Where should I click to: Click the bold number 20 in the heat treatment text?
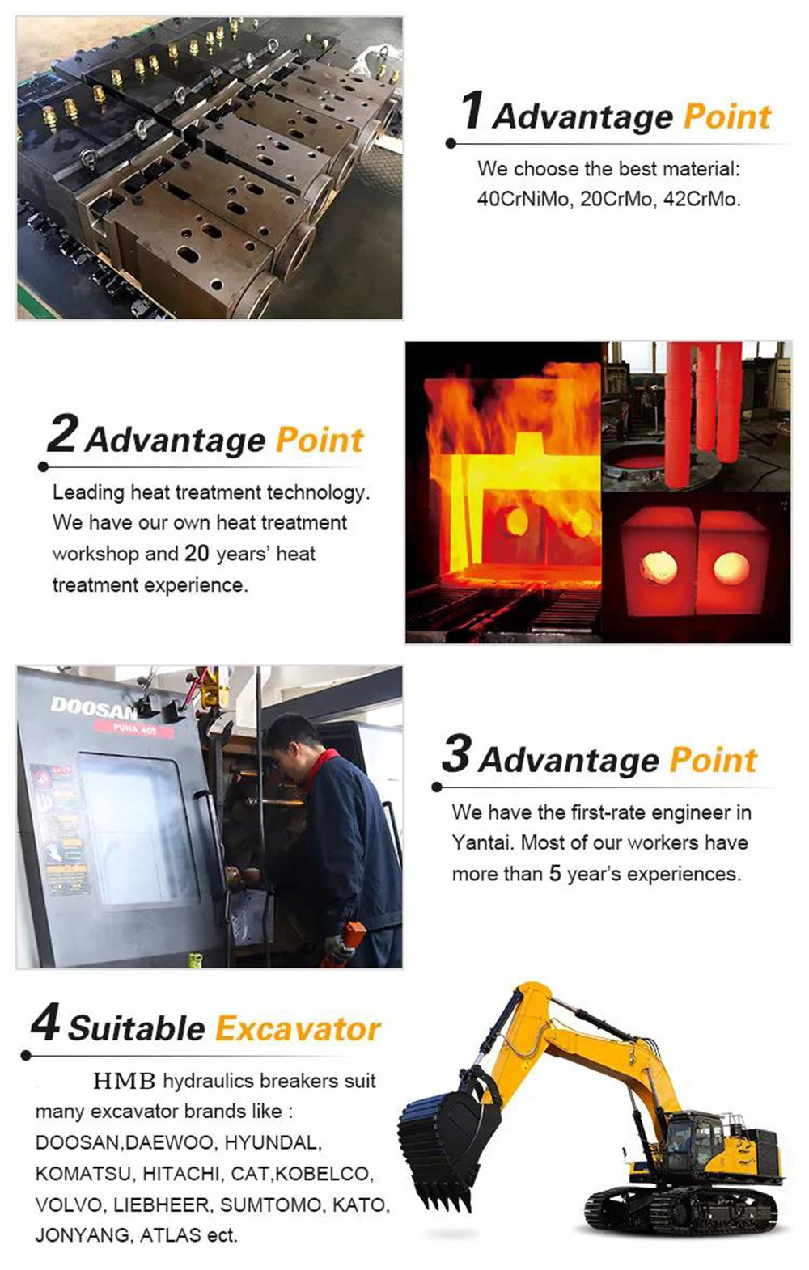pos(197,554)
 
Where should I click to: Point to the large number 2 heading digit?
pos(61,434)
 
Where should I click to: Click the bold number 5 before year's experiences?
pos(555,874)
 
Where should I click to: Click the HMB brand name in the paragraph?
pos(125,1081)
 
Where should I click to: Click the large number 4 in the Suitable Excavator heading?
pos(45,1022)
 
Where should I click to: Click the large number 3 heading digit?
pos(455,753)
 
